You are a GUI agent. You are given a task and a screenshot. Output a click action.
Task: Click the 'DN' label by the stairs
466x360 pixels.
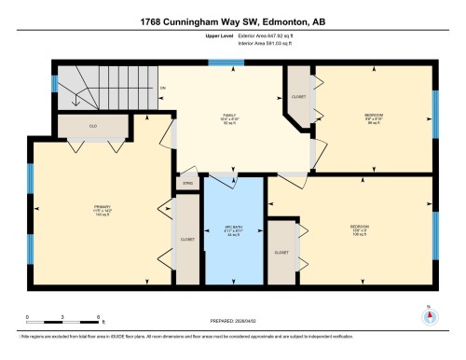[162, 89]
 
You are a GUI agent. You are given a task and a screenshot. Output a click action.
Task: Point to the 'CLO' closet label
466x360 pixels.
[93, 125]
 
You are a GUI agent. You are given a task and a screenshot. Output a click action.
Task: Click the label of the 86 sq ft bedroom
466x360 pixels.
[374, 117]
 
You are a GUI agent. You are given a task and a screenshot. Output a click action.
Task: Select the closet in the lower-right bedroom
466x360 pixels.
[281, 252]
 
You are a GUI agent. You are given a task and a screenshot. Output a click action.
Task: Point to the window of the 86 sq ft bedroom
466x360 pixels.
[435, 115]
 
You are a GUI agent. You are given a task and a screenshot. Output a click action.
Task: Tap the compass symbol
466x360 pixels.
[429, 315]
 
